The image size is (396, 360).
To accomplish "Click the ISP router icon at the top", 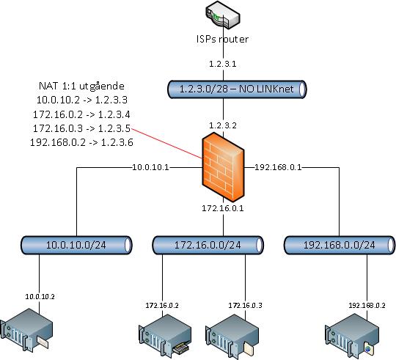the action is click(x=222, y=14).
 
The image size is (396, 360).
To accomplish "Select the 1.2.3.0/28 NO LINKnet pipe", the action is click(x=237, y=89).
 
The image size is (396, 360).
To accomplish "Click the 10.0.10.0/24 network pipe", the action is click(x=76, y=245).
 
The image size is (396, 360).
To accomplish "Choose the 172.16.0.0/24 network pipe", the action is click(x=208, y=245).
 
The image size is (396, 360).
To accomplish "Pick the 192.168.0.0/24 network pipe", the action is click(x=340, y=245).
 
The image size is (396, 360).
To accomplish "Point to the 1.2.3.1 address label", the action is click(x=223, y=64).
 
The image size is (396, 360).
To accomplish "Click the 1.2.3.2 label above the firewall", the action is click(x=223, y=125).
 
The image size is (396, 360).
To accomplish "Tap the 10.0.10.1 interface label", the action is click(x=151, y=167).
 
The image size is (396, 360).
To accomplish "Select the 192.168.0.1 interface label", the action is click(x=278, y=167).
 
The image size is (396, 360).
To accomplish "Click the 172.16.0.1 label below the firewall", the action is click(x=223, y=208).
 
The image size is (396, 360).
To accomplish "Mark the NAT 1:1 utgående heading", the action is click(x=81, y=86).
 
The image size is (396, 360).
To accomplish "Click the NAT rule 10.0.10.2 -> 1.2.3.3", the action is click(x=82, y=100).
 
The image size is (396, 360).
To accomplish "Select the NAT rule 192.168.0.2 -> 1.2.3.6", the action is click(x=81, y=142).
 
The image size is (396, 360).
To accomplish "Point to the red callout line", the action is click(x=166, y=144).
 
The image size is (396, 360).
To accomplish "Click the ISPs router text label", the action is click(x=222, y=39).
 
